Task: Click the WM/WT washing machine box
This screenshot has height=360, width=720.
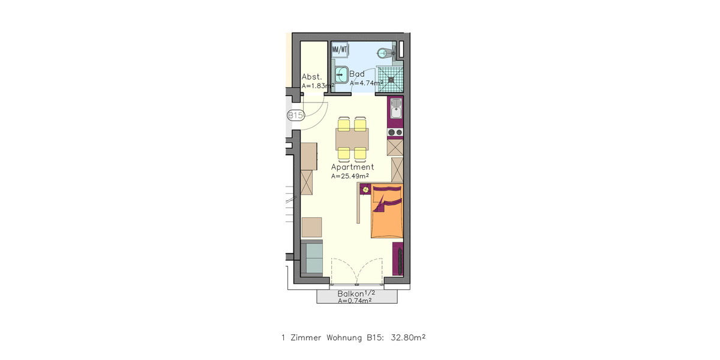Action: [x=340, y=49]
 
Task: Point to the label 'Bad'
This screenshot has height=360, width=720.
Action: [x=357, y=74]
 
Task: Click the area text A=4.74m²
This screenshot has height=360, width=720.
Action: [x=367, y=83]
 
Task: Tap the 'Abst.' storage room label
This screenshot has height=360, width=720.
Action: [x=312, y=77]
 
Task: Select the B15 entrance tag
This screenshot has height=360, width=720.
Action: [x=295, y=115]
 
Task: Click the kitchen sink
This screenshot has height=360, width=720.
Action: [x=395, y=110]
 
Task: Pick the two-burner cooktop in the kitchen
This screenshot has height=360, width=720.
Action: [x=395, y=132]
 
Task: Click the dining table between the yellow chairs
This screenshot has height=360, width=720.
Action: [x=352, y=139]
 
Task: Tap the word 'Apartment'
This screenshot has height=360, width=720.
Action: [x=353, y=167]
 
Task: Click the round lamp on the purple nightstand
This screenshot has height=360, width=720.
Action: [x=365, y=190]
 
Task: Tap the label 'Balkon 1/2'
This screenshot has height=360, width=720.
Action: [x=356, y=293]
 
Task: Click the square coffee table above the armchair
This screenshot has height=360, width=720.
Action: [x=312, y=227]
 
